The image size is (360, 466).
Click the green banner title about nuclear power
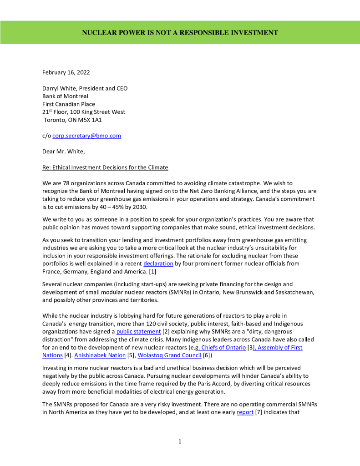point(180,32)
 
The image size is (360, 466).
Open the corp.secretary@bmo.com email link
point(86,136)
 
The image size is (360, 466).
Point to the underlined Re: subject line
point(105,167)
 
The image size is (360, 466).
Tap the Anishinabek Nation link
point(93,355)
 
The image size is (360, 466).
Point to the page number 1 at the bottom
point(180,441)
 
